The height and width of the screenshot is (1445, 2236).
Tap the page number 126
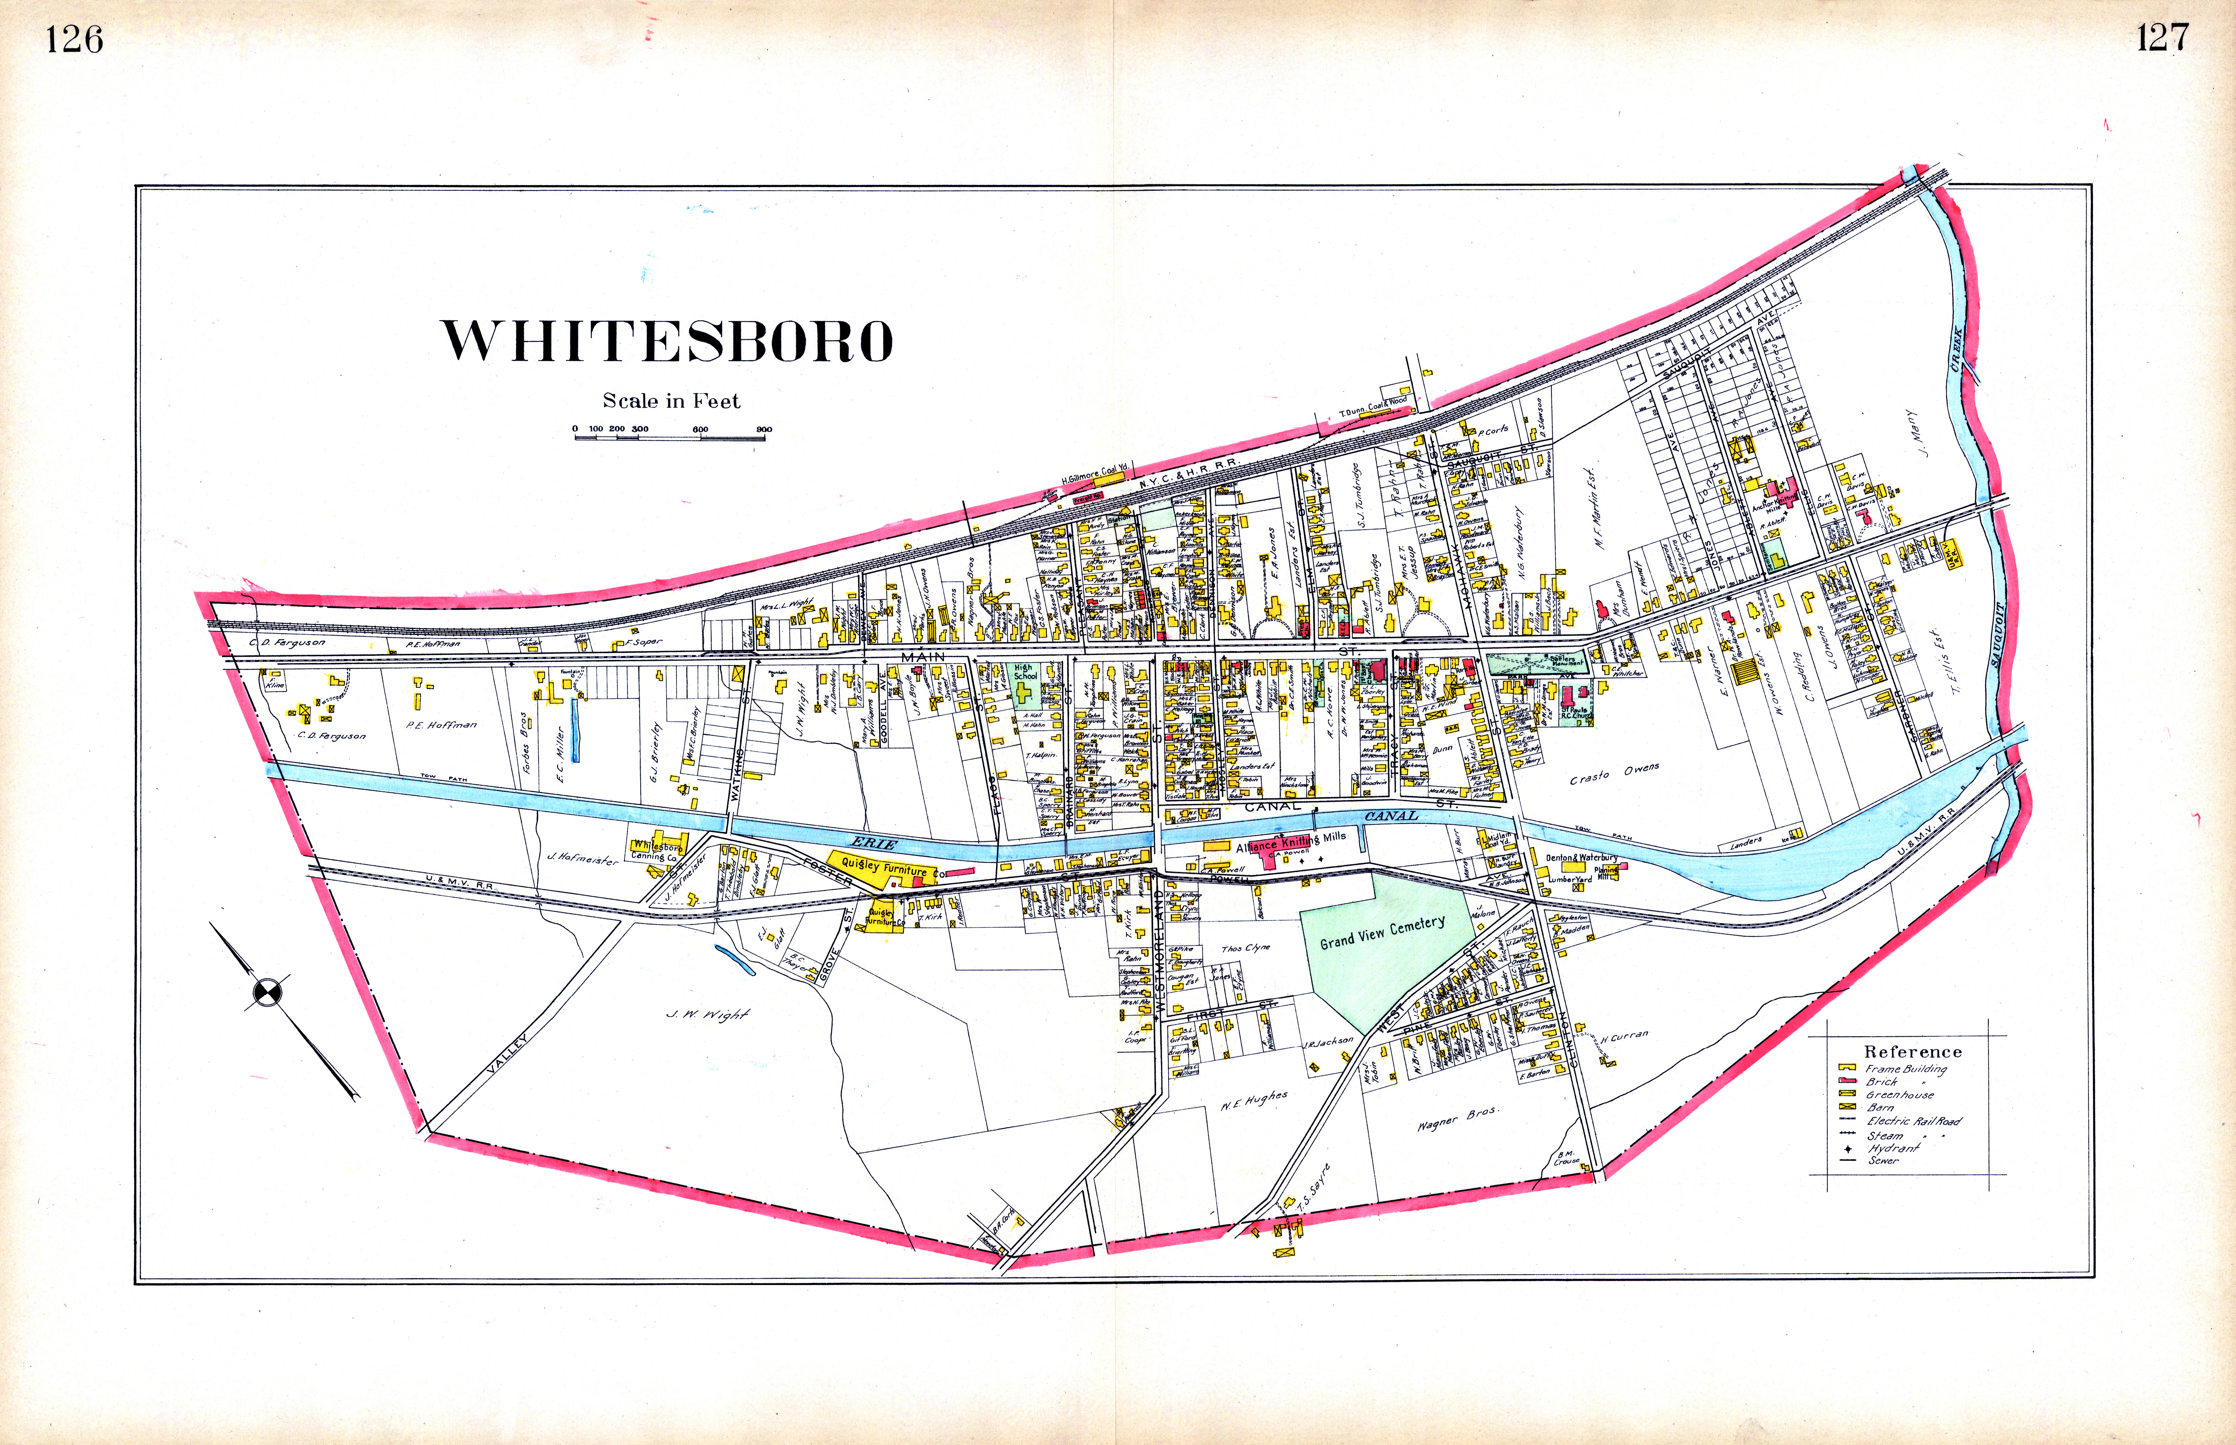74,40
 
